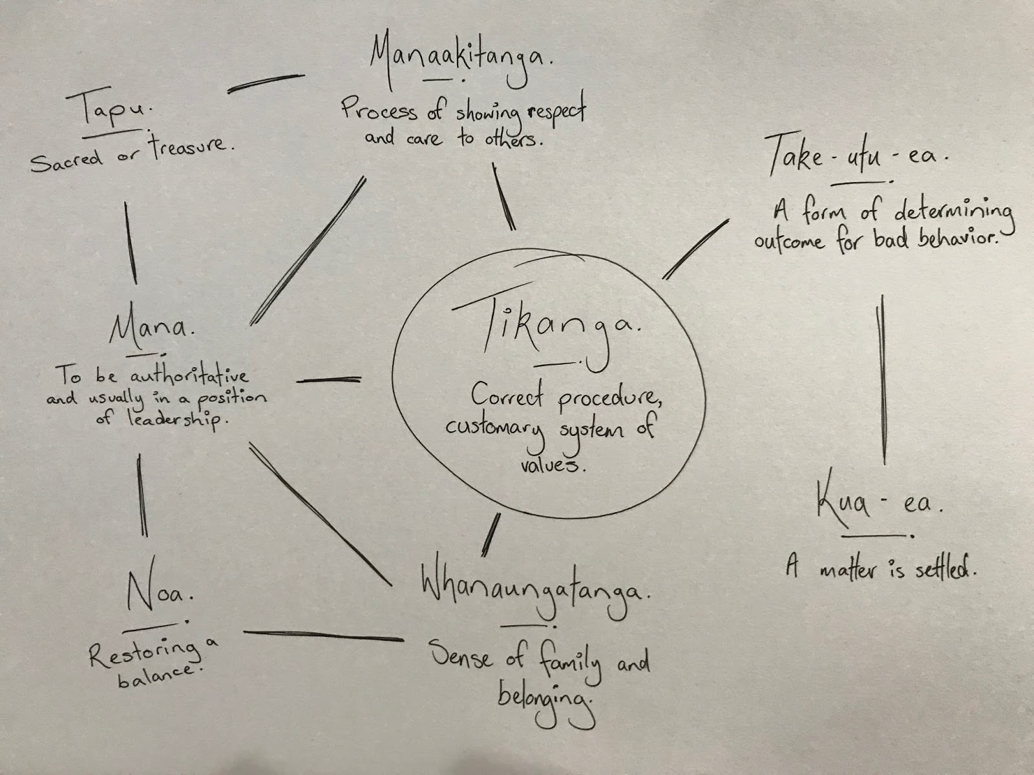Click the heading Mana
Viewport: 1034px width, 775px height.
coord(150,329)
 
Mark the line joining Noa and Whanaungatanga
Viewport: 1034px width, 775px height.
coord(323,635)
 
